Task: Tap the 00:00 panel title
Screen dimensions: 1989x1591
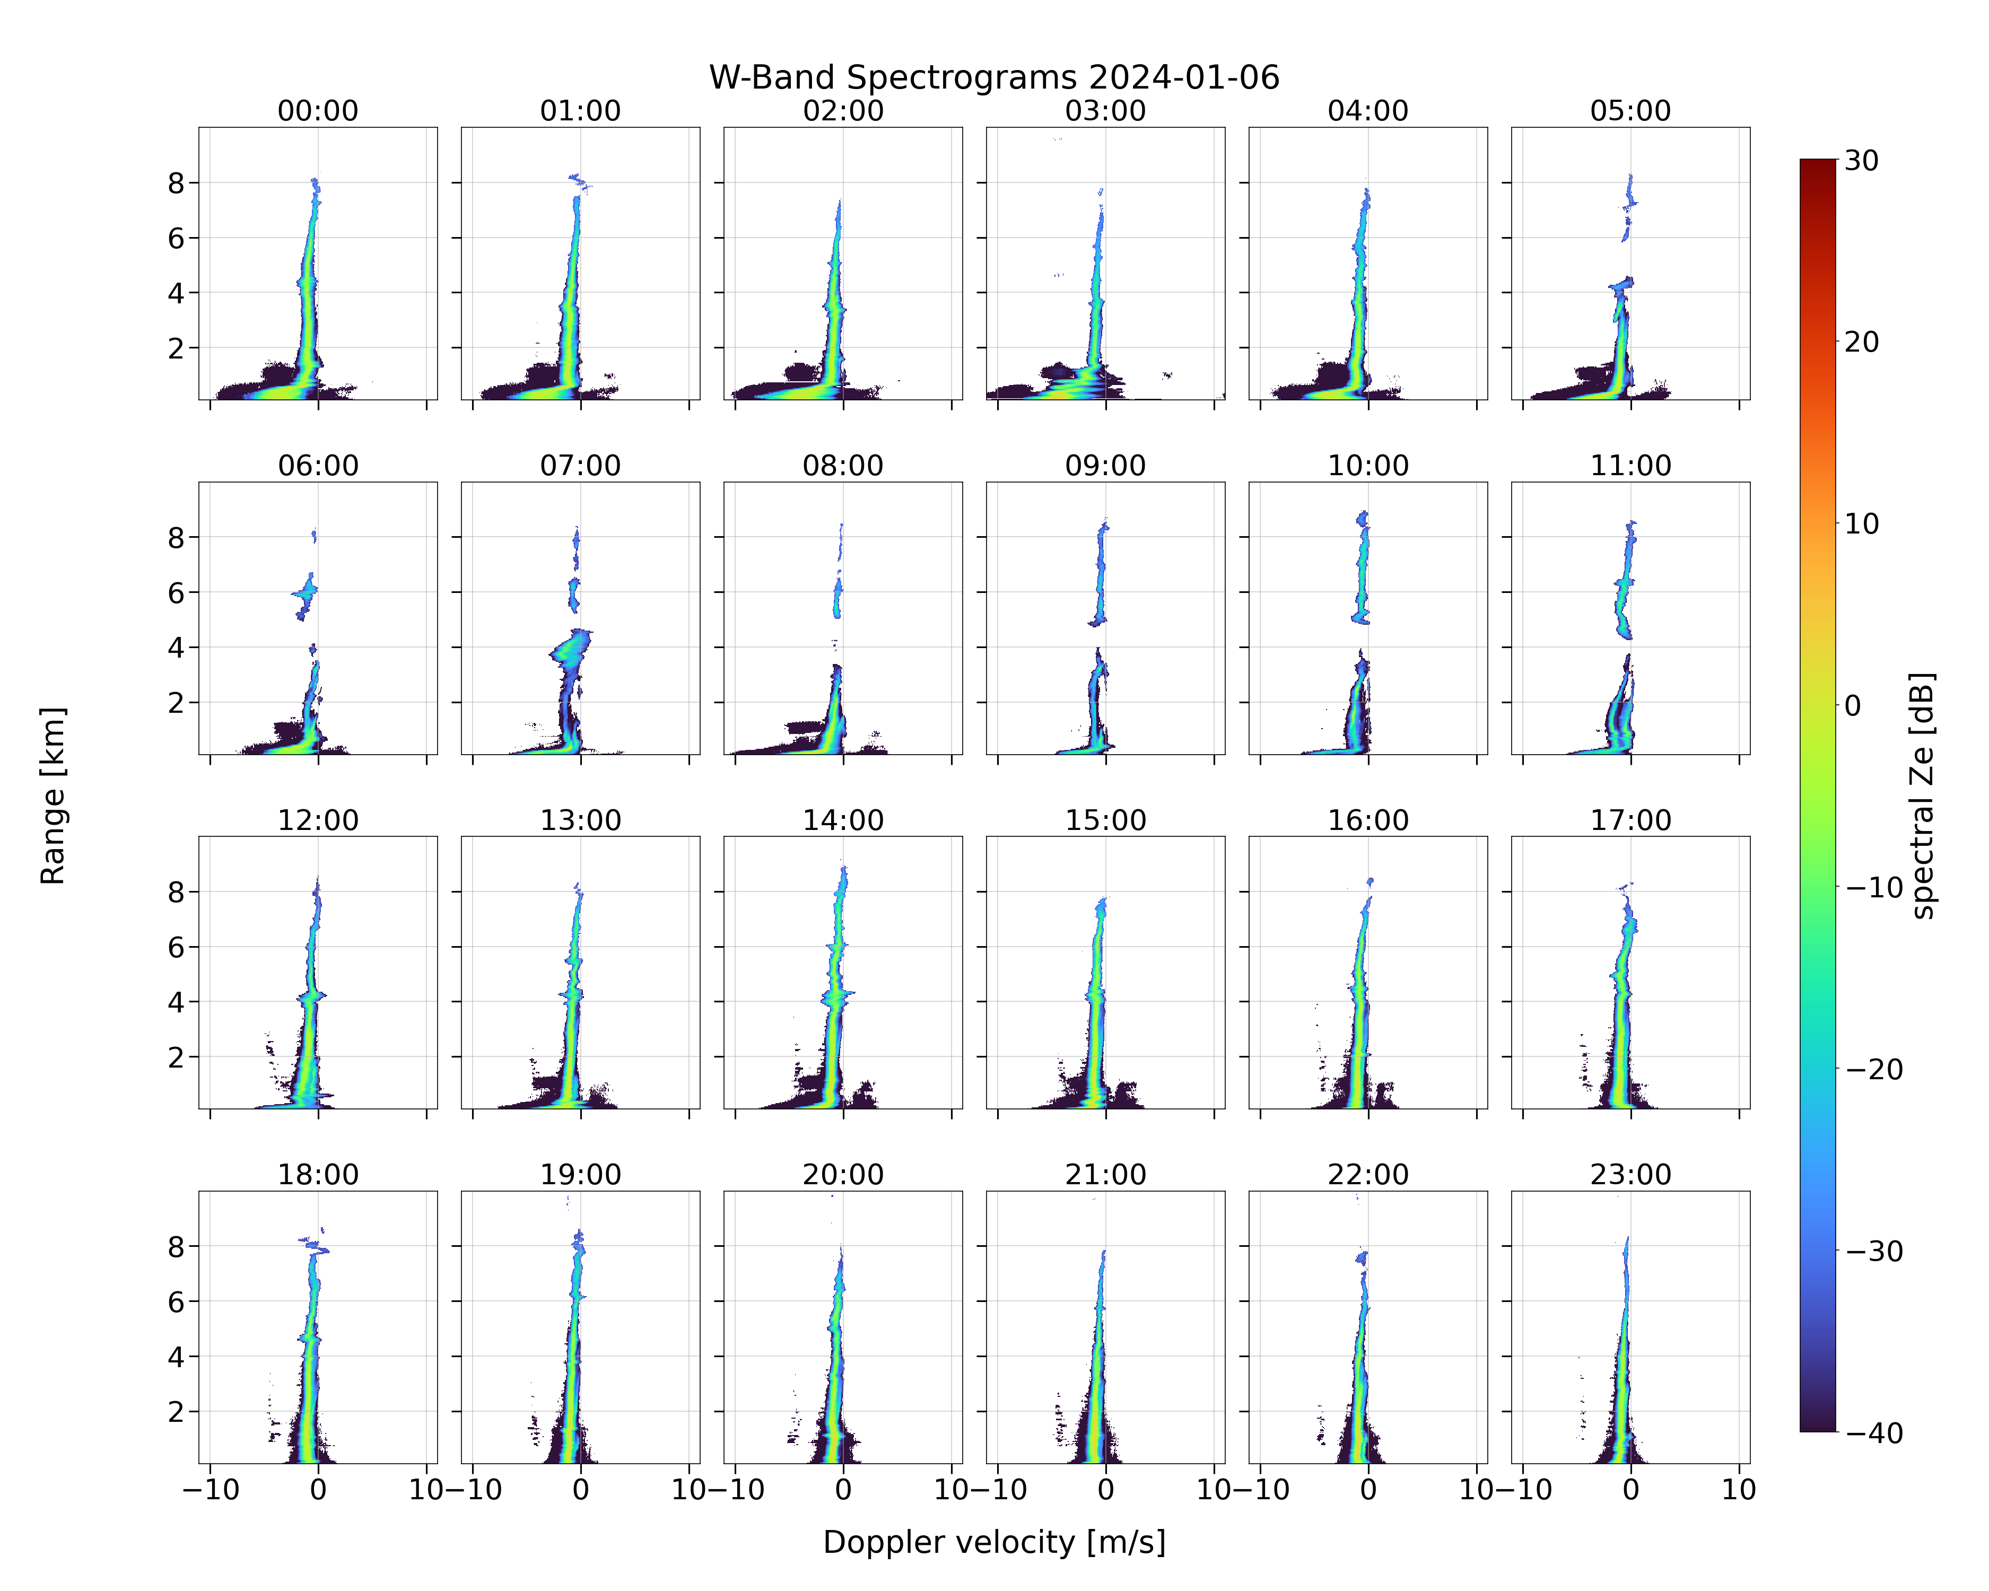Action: pos(318,111)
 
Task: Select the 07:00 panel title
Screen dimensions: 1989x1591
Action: pos(580,466)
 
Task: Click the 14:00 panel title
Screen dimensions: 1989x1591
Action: pos(843,820)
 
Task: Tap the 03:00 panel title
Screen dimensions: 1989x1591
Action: pos(1105,111)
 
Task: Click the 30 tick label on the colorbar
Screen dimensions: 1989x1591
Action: pos(1862,161)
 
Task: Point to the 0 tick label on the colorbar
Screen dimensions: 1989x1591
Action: pos(1853,706)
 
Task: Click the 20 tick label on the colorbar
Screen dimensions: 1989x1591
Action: pos(1862,342)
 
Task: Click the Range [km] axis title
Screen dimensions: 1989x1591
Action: pos(53,795)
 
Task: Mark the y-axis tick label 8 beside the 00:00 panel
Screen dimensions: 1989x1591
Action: pos(176,183)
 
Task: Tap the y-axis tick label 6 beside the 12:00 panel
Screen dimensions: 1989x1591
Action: pos(176,947)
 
